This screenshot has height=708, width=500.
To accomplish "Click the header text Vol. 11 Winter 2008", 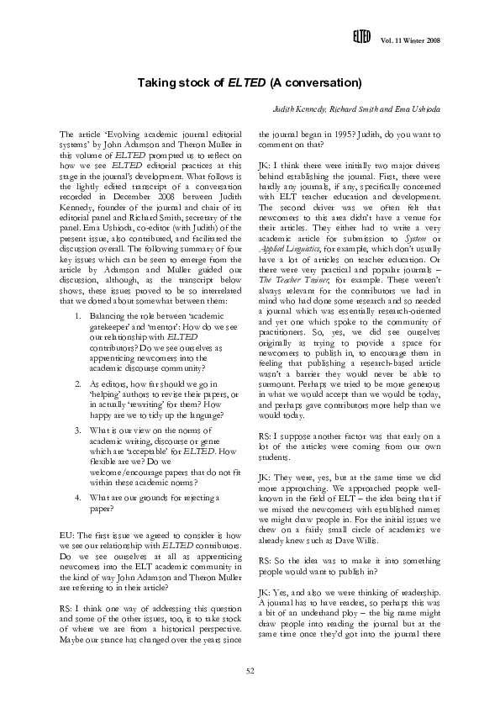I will [411, 41].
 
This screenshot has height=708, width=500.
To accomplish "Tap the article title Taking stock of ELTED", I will [250, 83].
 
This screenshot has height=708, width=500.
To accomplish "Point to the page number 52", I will [250, 668].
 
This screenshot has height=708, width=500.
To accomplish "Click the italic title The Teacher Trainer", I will [289, 276].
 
